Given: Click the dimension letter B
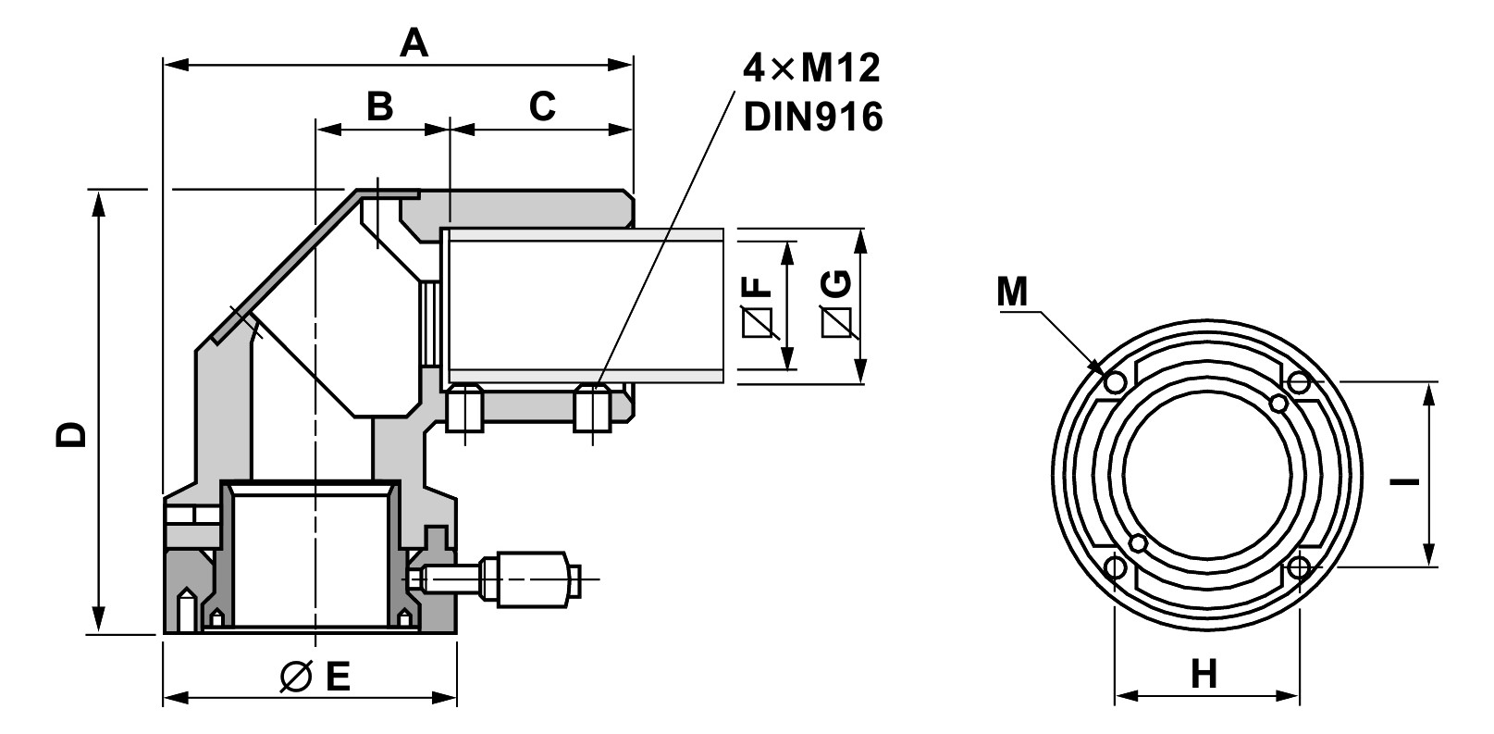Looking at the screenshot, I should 379,106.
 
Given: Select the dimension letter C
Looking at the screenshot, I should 542,106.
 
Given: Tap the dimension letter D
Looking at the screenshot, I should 71,433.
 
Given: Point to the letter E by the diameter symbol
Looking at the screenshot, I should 338,678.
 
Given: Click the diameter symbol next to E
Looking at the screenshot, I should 296,678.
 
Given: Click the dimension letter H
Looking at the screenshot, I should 1204,674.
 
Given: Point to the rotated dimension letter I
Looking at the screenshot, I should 1404,480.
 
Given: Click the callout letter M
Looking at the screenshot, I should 1012,292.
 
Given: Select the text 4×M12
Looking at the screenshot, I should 811,68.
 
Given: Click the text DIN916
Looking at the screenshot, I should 813,117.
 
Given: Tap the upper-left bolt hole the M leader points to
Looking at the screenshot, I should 1114,381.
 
